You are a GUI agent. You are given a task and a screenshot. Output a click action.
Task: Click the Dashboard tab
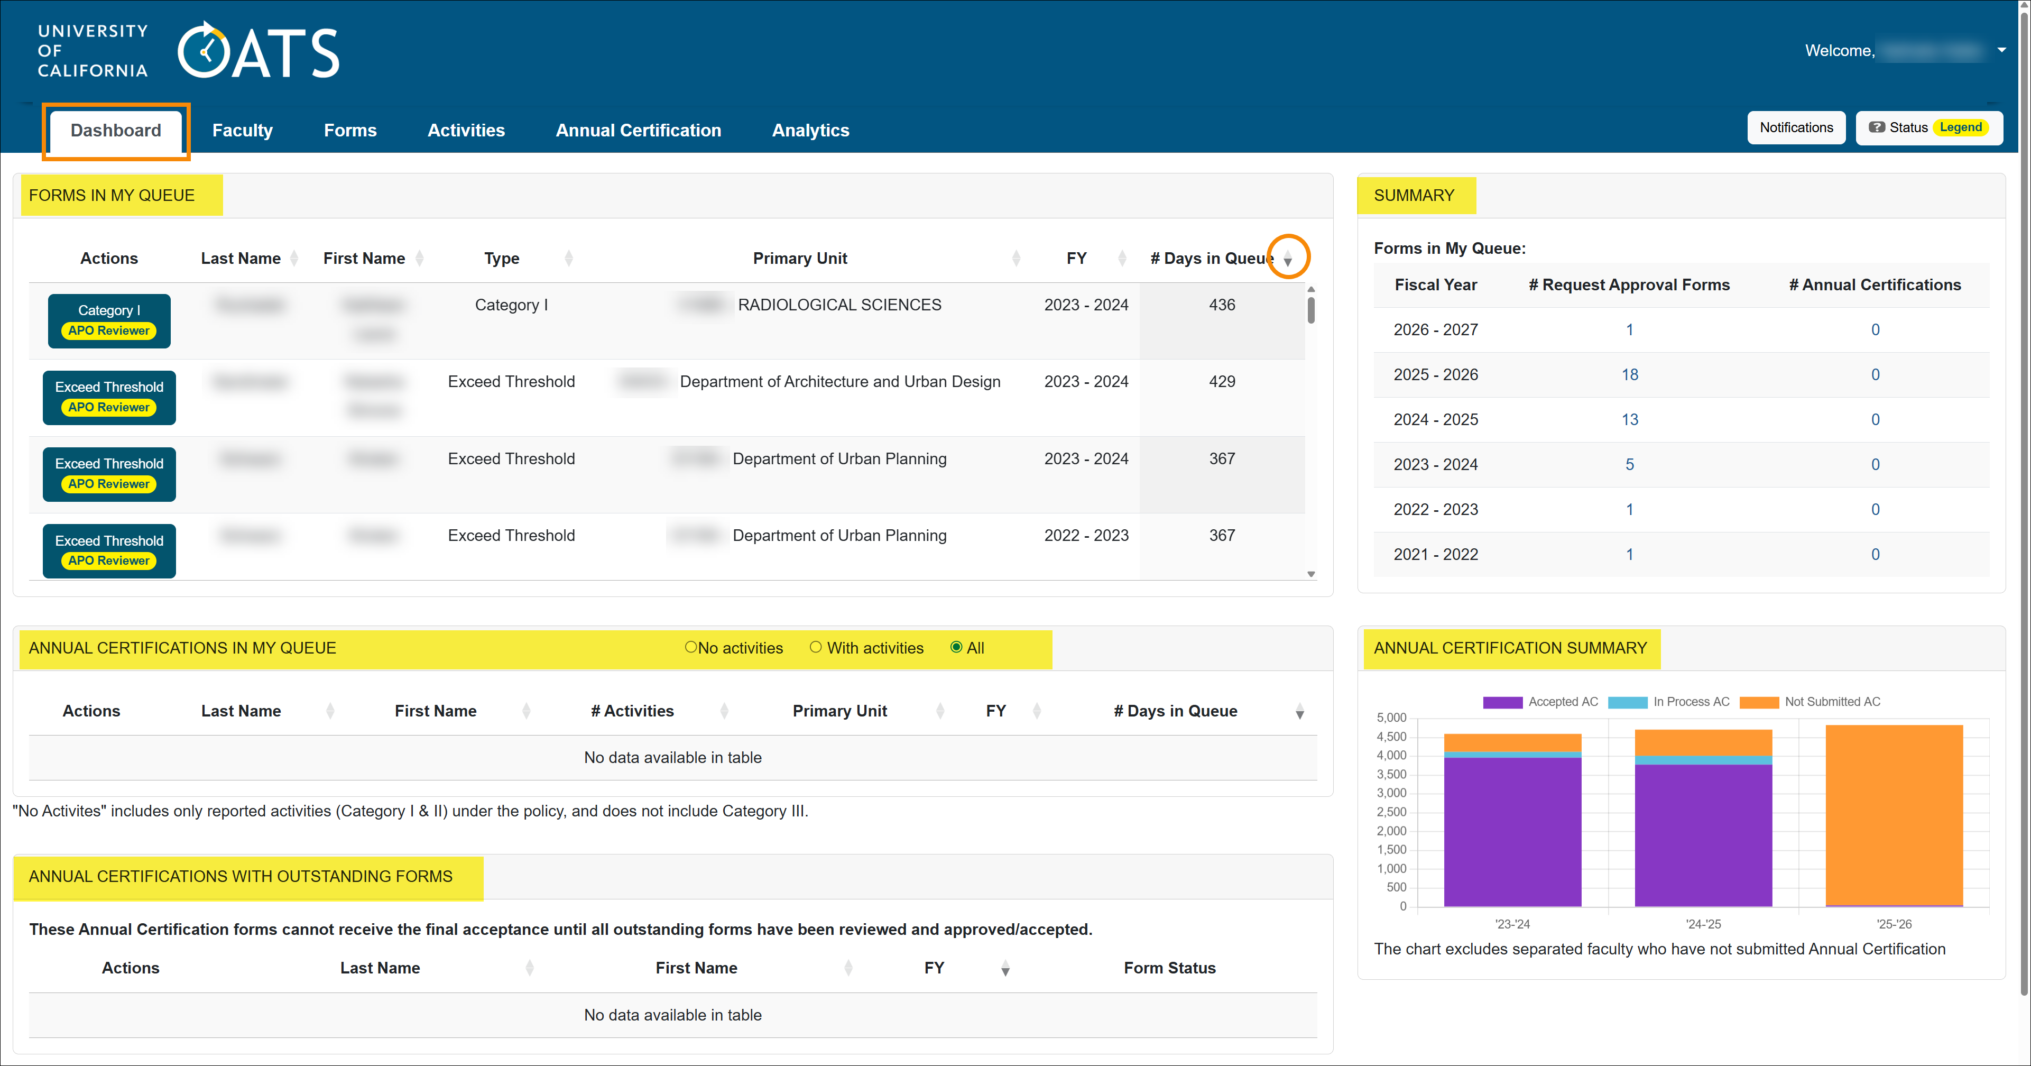click(x=116, y=131)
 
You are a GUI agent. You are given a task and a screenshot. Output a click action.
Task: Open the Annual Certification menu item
click(x=638, y=131)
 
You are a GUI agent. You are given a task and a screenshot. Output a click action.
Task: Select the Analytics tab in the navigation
click(x=810, y=131)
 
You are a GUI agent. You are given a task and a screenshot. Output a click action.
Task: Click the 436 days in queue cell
click(x=1221, y=305)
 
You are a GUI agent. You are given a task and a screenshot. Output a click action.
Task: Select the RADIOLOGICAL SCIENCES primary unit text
click(x=839, y=305)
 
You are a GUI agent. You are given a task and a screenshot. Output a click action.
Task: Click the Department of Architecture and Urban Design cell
click(x=839, y=382)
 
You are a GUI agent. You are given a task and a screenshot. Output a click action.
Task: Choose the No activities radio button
click(x=691, y=647)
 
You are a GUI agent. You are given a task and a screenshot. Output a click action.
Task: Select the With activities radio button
click(x=815, y=647)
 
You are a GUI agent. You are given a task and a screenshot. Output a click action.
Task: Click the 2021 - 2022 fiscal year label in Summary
click(x=1435, y=554)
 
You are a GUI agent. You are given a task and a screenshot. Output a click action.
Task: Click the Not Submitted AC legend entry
click(x=1832, y=702)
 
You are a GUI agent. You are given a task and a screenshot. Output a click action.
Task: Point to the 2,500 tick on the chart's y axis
click(x=1391, y=812)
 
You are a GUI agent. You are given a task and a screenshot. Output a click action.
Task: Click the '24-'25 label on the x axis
click(x=1703, y=924)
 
